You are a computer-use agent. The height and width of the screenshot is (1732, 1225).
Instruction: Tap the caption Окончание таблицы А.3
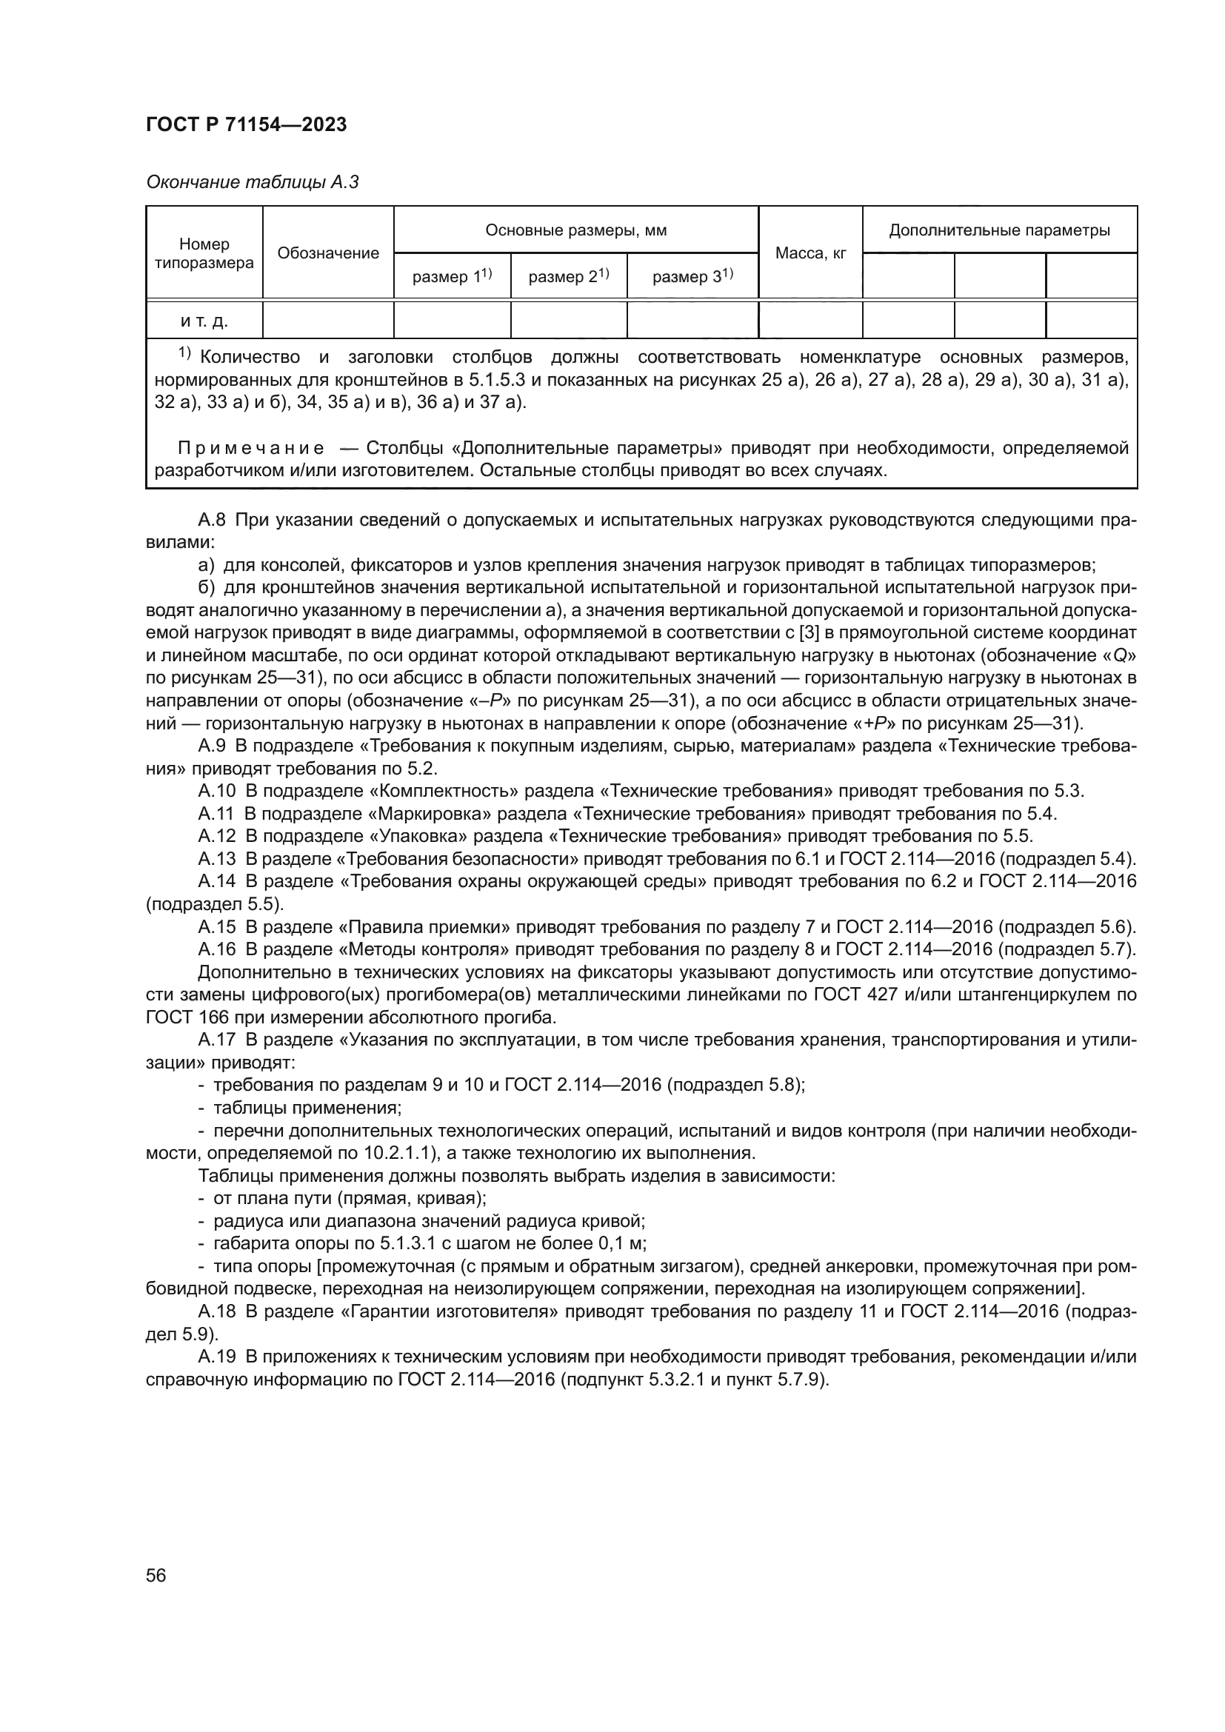coord(252,183)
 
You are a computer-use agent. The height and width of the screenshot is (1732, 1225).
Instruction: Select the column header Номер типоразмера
coord(204,253)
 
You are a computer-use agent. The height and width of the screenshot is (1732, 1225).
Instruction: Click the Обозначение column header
coord(328,253)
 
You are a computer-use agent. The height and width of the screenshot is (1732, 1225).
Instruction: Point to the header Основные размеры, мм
coord(576,230)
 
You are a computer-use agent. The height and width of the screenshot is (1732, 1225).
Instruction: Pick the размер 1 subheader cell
coord(452,277)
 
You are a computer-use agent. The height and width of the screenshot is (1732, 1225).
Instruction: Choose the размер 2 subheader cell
coord(568,277)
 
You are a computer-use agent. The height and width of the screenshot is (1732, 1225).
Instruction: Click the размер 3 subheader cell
coord(692,277)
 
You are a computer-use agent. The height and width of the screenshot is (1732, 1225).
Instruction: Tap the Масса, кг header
coord(811,253)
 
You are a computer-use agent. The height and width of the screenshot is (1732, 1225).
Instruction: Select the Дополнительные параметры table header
coord(999,230)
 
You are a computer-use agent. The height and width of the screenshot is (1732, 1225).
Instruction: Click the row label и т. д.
coord(204,321)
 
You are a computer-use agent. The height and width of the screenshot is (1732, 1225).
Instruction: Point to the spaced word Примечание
coord(251,449)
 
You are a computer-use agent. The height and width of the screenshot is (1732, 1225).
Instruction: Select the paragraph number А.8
coord(212,521)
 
